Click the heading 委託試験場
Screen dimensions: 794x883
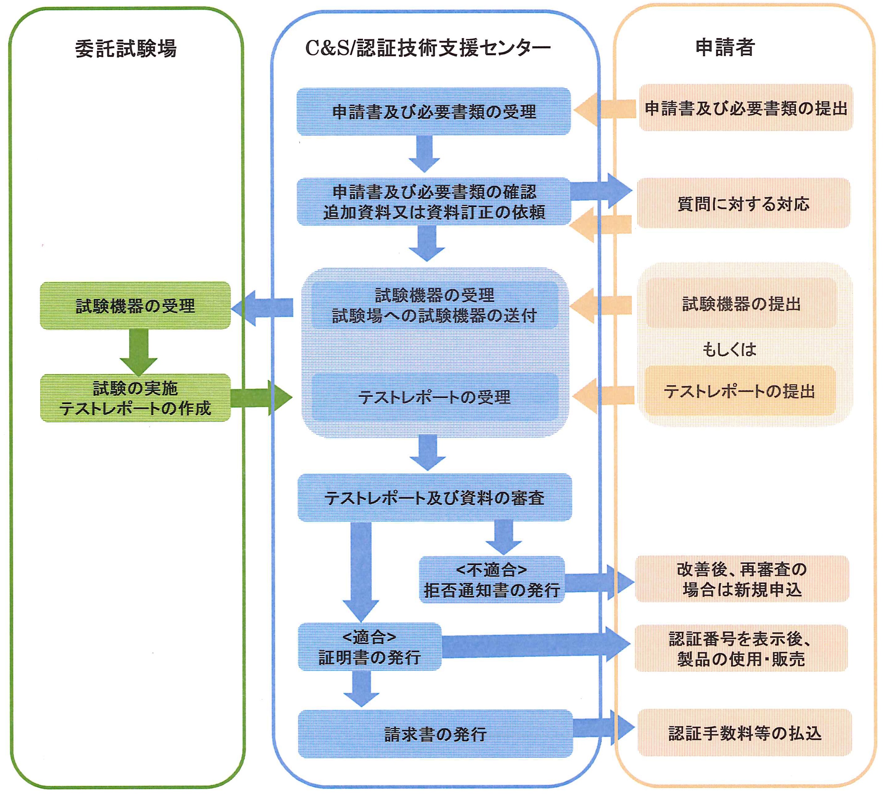[126, 48]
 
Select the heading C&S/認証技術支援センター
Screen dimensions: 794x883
[427, 47]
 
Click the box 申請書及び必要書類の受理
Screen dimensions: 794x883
[434, 112]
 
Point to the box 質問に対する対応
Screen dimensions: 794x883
[743, 203]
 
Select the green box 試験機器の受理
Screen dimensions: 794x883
[135, 305]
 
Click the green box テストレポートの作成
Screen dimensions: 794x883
[135, 398]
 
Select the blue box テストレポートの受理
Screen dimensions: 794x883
[435, 397]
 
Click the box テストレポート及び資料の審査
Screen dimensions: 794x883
[435, 498]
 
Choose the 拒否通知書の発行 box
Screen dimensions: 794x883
[492, 580]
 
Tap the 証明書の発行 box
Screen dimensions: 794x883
[370, 647]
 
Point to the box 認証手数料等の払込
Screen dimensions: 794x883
[744, 733]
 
